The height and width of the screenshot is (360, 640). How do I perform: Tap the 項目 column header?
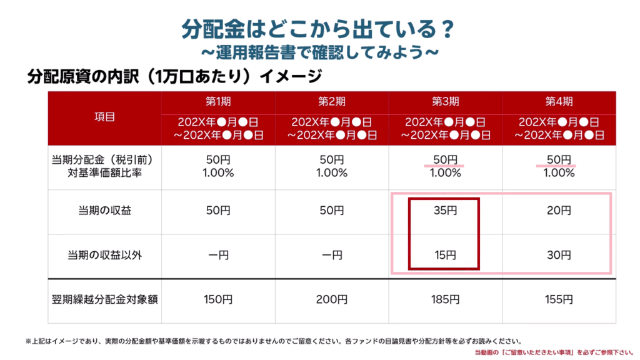tap(104, 116)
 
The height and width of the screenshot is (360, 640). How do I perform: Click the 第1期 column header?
tap(218, 102)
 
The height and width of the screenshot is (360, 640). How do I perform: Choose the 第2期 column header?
tap(331, 102)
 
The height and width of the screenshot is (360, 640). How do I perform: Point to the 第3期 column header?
tap(445, 102)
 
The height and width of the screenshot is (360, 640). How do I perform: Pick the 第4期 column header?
tap(558, 102)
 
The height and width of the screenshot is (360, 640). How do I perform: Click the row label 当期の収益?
tap(104, 211)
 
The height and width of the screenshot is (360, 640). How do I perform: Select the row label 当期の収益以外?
tap(104, 255)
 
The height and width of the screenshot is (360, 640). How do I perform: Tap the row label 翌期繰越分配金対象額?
tap(104, 299)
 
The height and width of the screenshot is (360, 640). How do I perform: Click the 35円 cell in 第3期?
tap(445, 211)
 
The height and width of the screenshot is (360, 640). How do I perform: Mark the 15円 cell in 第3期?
tap(445, 255)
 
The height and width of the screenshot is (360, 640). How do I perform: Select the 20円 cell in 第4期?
tap(558, 211)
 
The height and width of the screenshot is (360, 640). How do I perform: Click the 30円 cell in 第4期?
tap(558, 255)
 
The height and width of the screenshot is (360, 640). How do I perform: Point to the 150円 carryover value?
tap(218, 299)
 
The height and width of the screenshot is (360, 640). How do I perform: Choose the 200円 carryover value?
tap(331, 299)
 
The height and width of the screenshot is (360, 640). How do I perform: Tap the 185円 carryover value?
tap(445, 299)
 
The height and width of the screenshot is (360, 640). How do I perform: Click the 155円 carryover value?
tap(558, 299)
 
